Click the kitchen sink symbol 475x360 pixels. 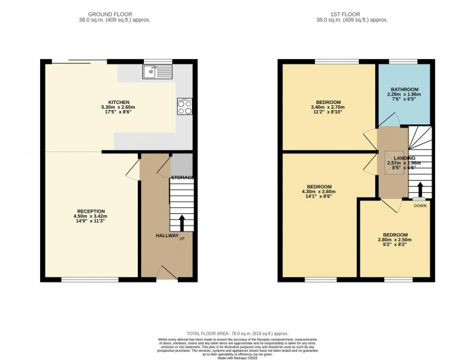[158, 70]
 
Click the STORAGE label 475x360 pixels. [182, 177]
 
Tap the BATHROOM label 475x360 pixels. [402, 89]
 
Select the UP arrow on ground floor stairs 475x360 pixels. [181, 222]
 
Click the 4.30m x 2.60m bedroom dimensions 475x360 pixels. [318, 192]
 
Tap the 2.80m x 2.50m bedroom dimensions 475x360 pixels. [394, 240]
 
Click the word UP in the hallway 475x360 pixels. [182, 238]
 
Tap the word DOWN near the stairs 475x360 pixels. [420, 204]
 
